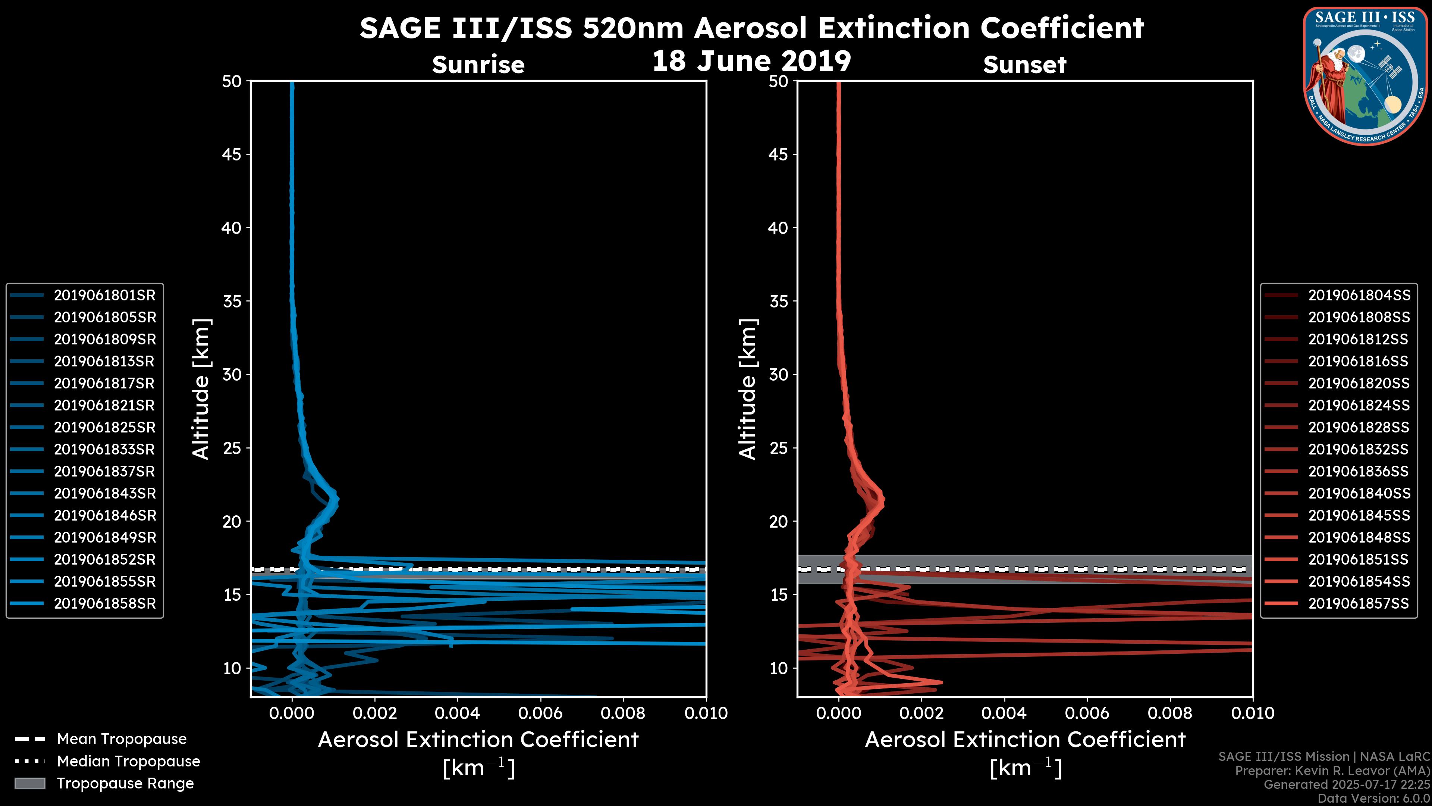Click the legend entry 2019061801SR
coord(104,296)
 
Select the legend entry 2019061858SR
coord(104,603)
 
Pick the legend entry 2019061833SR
coord(104,449)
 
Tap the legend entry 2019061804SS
coord(1359,296)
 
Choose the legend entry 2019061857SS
coord(1359,603)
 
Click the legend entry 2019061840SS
coord(1359,493)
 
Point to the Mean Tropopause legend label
coord(122,739)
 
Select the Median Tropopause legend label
coord(128,762)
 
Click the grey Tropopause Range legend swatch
coord(29,784)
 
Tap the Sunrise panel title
coord(478,65)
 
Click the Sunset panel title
coord(1024,65)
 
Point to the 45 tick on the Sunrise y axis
coord(232,154)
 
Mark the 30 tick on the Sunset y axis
coord(778,375)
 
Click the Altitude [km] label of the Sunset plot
coord(748,389)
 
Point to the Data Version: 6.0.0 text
coord(1374,799)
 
